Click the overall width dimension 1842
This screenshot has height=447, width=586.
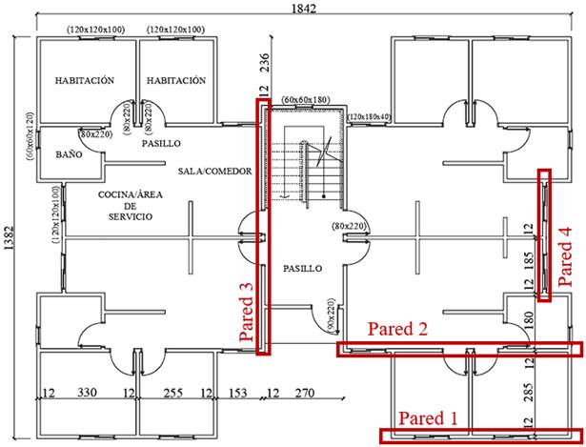tap(304, 9)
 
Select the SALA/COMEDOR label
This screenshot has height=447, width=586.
tap(214, 172)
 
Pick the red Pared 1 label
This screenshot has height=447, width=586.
tap(434, 418)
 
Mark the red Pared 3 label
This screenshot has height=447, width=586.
tap(247, 311)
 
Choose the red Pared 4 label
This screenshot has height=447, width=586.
tap(566, 256)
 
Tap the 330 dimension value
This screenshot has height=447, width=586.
tap(87, 392)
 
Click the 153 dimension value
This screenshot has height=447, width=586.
tap(237, 392)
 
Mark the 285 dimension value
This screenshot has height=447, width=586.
tap(527, 392)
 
